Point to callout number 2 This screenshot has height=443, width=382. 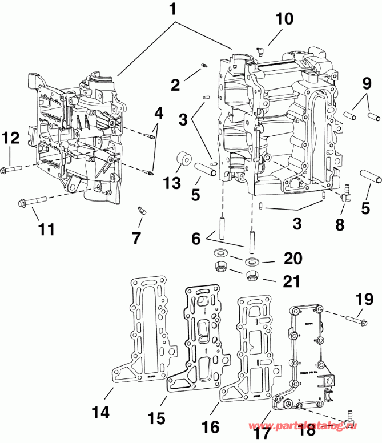click(175, 85)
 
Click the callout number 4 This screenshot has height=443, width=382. click(158, 112)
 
